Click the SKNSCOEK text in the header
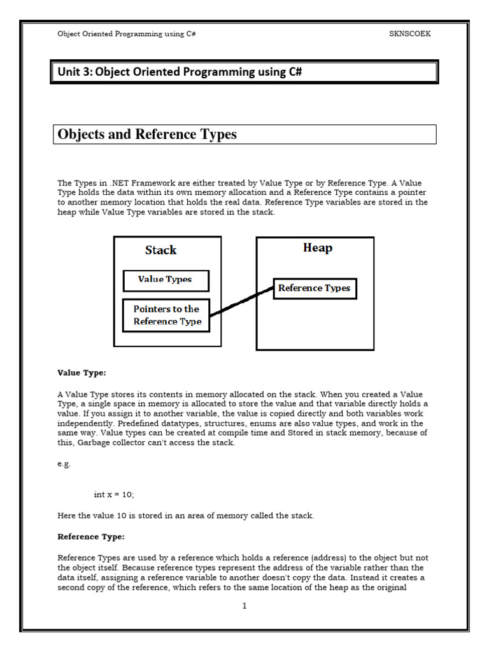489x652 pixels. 410,34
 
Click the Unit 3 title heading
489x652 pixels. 180,72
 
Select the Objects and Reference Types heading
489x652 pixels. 147,134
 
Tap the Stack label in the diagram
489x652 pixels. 160,250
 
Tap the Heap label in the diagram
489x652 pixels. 317,248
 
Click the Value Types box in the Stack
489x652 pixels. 165,280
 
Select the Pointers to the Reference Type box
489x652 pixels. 167,315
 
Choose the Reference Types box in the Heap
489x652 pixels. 314,288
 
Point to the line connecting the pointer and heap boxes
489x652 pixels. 242,301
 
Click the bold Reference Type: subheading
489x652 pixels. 91,536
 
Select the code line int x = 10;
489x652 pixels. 114,494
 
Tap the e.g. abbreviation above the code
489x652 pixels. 64,464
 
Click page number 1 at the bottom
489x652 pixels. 244,606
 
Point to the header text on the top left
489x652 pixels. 126,34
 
